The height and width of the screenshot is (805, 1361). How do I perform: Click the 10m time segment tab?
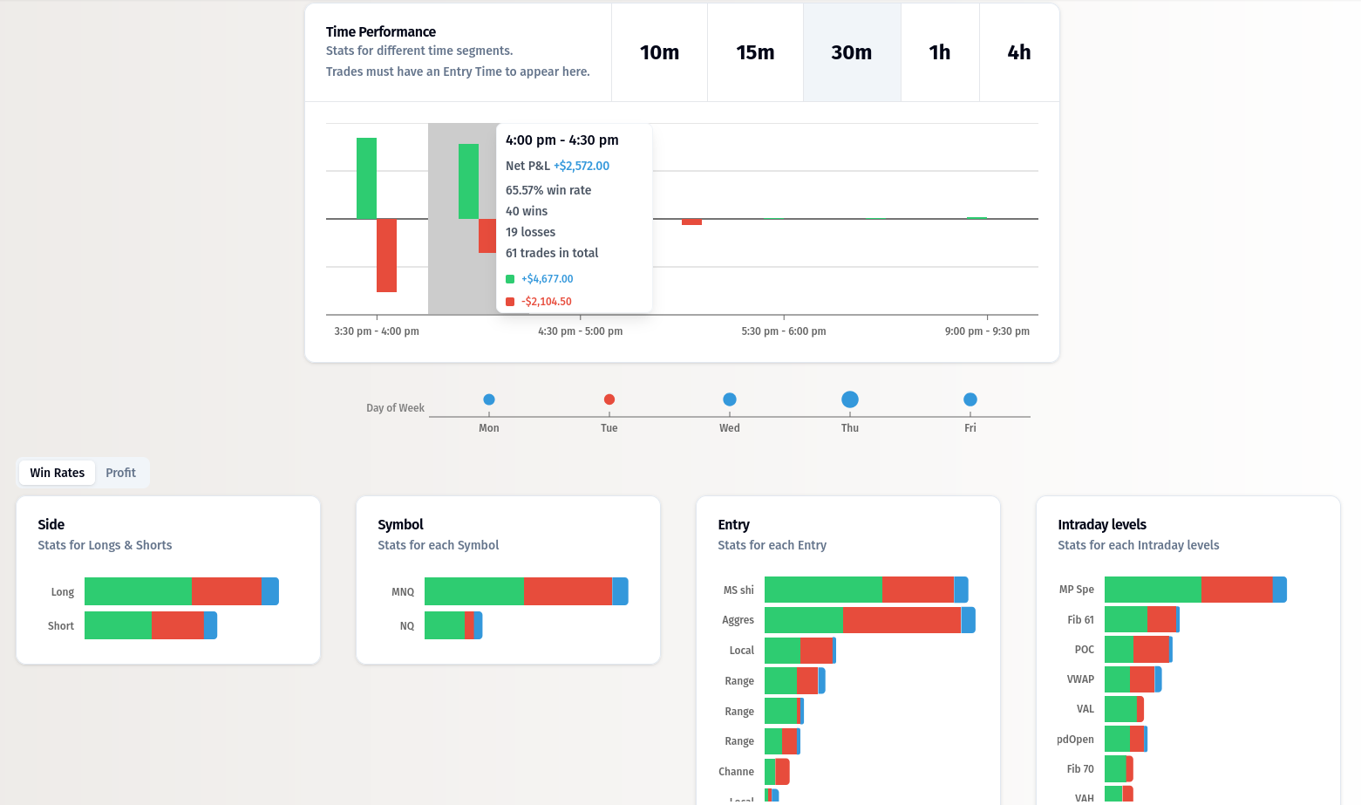(659, 52)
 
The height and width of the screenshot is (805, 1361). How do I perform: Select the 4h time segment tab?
(1018, 52)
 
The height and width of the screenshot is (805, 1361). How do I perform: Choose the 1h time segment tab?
(939, 52)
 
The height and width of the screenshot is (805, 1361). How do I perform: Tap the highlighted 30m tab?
(851, 52)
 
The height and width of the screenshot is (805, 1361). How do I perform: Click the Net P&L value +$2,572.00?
(581, 166)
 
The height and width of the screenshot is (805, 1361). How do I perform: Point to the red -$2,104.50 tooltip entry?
(546, 302)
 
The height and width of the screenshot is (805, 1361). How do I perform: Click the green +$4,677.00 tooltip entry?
(547, 279)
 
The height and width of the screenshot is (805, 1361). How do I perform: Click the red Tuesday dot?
(609, 399)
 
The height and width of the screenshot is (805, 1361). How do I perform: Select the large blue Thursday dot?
(850, 399)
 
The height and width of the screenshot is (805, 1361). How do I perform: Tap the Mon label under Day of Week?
(489, 428)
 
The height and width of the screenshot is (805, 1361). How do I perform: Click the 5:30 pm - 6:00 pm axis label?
(783, 331)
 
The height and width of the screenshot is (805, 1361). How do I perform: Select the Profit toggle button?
(120, 473)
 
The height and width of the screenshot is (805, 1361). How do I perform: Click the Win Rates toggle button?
(58, 473)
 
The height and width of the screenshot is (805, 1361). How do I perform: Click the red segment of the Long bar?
(226, 591)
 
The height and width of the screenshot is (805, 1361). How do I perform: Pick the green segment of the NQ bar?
(444, 625)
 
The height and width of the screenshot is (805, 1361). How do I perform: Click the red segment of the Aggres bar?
(902, 620)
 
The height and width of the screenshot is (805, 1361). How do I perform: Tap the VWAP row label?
(1080, 679)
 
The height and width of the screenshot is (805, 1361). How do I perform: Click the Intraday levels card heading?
(1101, 524)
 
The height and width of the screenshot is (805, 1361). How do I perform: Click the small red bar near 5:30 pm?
(691, 222)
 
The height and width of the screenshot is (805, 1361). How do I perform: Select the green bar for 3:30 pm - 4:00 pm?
(366, 178)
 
